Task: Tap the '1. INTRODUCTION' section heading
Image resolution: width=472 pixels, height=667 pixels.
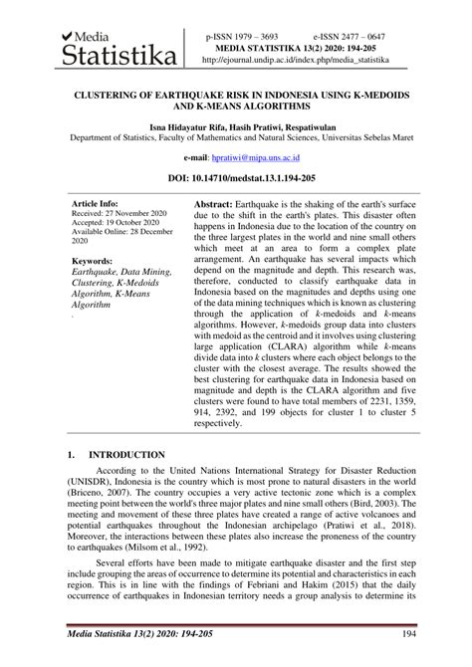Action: click(115, 454)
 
